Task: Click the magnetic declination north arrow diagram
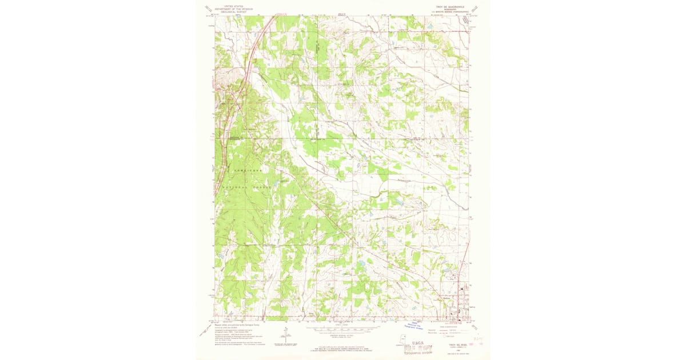[x=285, y=334]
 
